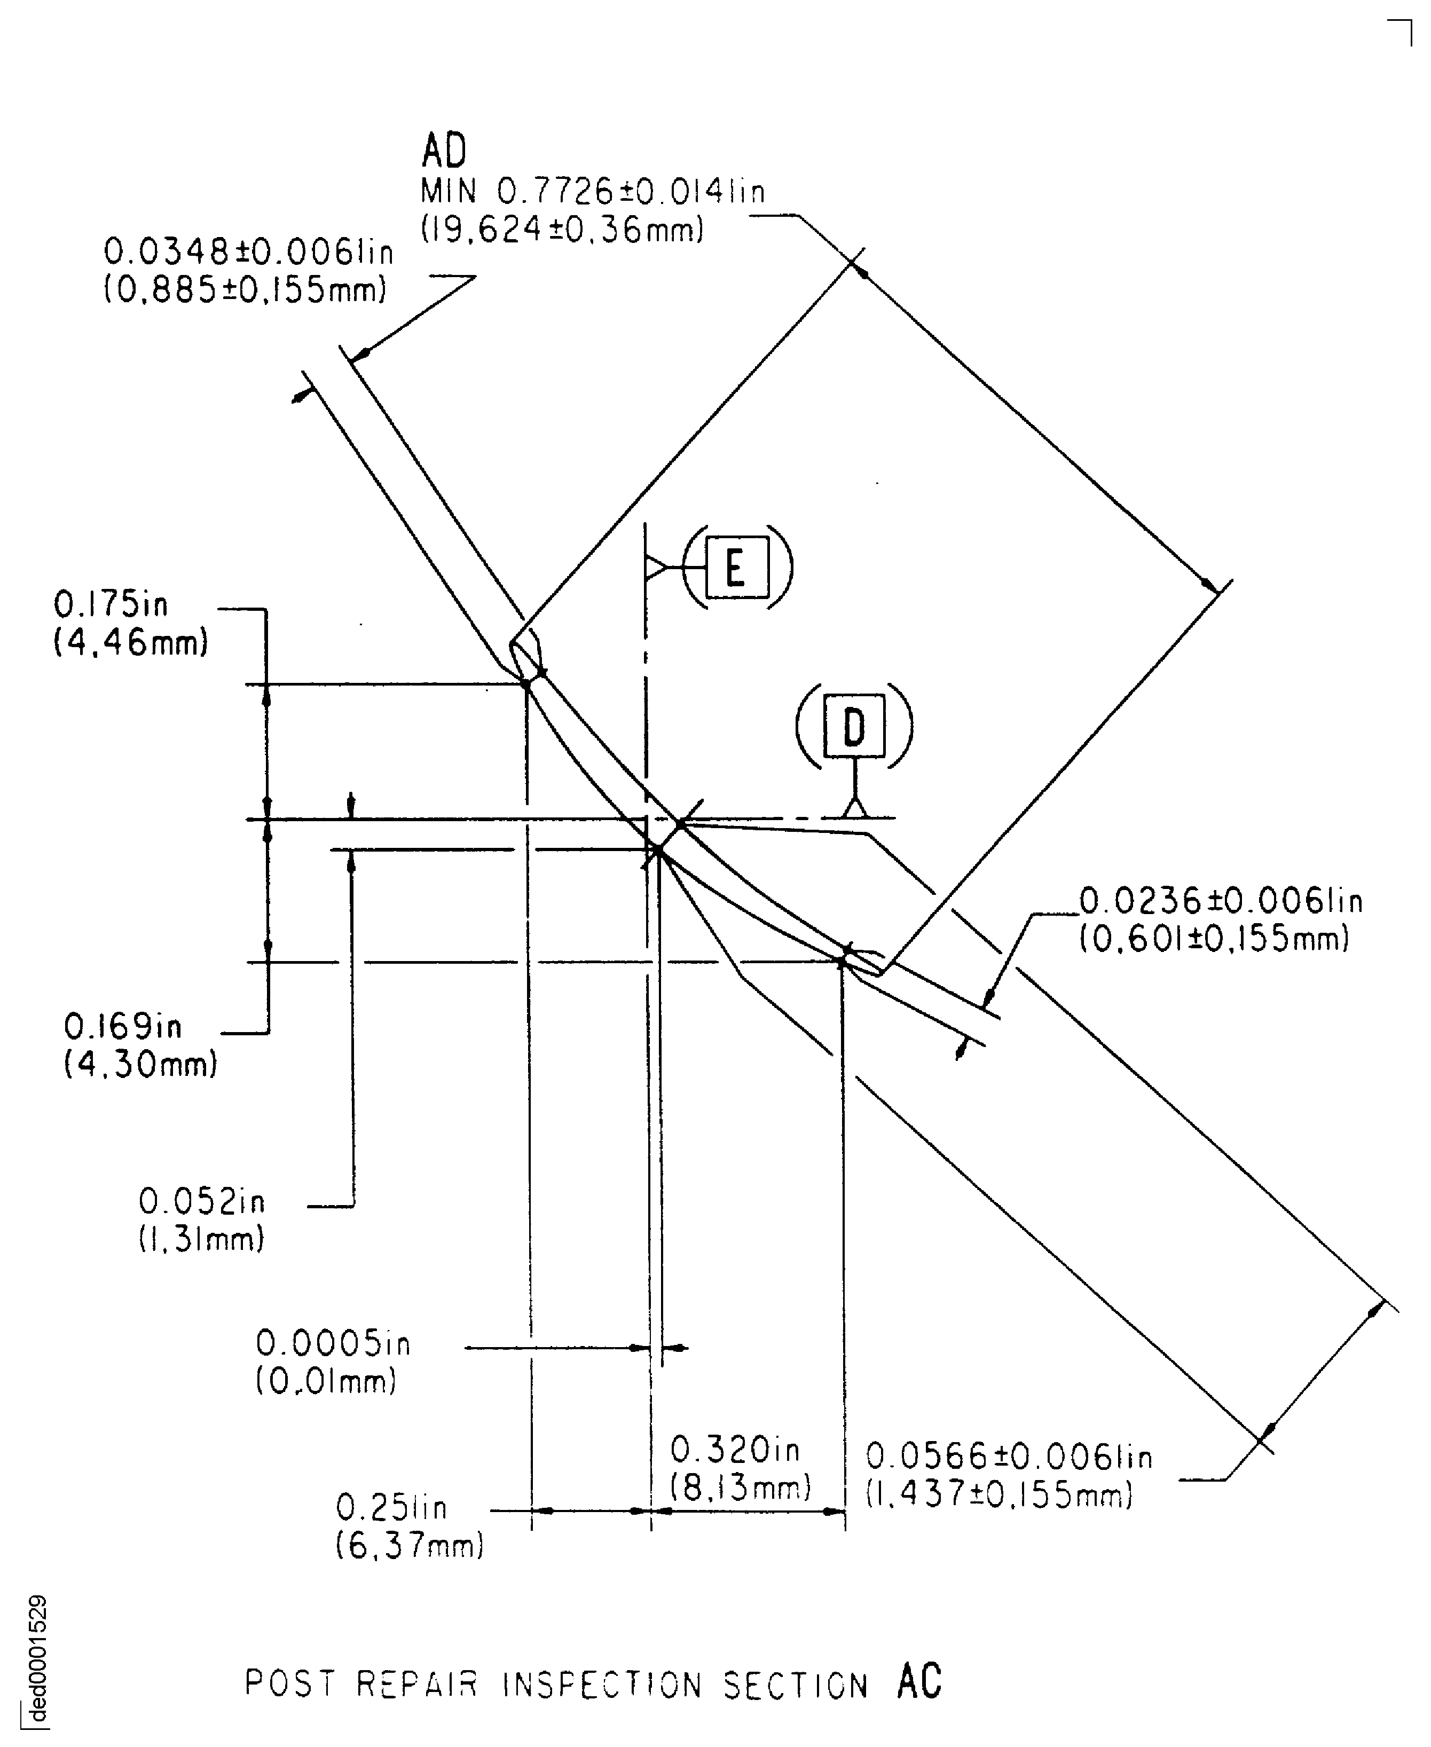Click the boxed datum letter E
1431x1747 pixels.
736,568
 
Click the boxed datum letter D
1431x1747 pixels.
854,727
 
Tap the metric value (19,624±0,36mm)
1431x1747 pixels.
562,229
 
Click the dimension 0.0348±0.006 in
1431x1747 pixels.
248,252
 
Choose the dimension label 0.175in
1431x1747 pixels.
111,605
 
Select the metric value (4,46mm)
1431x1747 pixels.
131,643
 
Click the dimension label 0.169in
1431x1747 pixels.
123,1027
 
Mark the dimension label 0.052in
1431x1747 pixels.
202,1201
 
